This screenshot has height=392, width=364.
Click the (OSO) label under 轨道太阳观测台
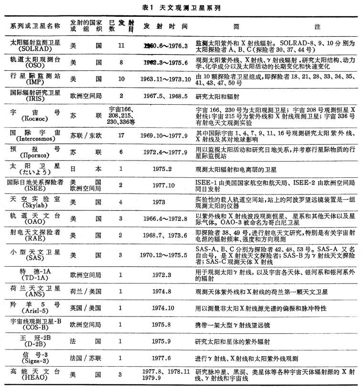[32, 66]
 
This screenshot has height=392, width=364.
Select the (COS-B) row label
[32, 325]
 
